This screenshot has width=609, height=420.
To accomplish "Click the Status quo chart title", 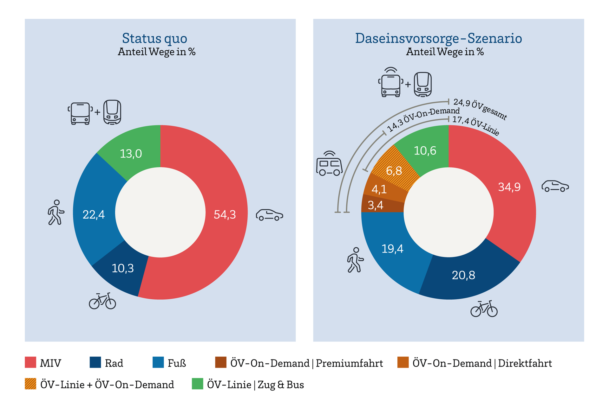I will click(154, 38).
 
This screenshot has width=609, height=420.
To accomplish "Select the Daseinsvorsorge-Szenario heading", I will click(438, 38).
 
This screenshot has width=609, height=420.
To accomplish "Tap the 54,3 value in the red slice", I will click(225, 215).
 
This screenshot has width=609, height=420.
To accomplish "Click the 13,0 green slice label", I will click(131, 154).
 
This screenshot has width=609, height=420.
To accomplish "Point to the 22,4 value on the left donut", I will click(94, 215).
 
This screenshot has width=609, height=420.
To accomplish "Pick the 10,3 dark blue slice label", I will click(123, 269).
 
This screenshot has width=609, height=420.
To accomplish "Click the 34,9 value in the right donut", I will click(509, 187).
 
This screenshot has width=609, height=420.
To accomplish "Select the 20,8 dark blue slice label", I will click(463, 275).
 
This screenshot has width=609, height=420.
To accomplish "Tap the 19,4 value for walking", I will click(392, 249).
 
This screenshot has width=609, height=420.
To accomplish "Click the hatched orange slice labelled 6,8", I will click(394, 171).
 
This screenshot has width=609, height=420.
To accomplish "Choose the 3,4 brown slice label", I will click(376, 206).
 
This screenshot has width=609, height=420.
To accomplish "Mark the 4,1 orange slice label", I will click(379, 189).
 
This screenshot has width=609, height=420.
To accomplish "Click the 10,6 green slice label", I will click(425, 151).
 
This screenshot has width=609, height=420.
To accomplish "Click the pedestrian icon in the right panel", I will click(355, 260).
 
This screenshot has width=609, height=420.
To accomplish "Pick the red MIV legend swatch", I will click(30, 362).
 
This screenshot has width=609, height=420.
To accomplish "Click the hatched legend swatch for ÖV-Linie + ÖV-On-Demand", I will click(30, 384).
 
